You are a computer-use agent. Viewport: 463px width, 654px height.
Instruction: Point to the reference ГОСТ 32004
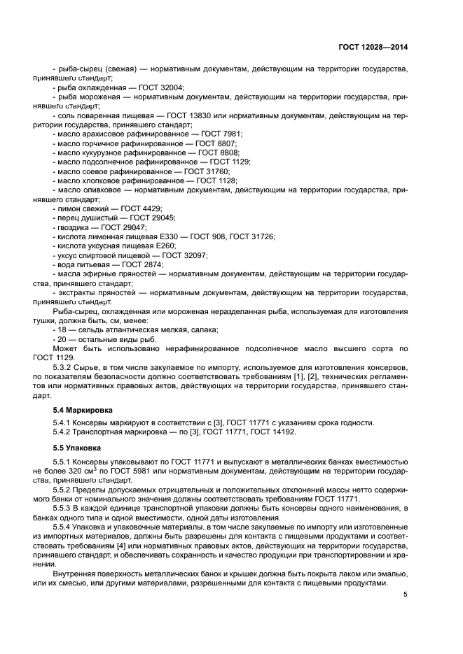tap(161, 87)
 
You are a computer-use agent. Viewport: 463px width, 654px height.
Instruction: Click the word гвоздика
tap(73, 227)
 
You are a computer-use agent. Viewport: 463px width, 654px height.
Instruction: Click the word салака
tap(206, 329)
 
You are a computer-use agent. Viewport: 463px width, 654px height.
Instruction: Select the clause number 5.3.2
tap(64, 367)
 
